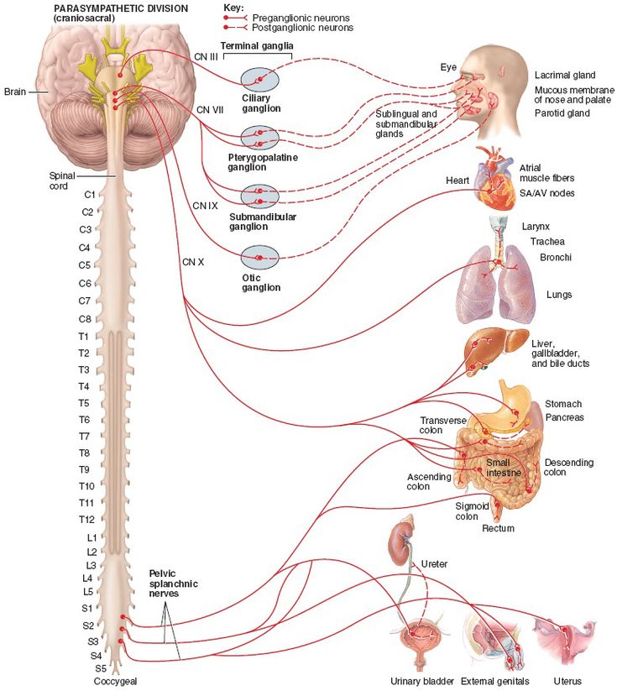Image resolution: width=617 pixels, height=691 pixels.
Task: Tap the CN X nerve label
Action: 193,261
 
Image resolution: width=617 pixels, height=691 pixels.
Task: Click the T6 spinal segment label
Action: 84,420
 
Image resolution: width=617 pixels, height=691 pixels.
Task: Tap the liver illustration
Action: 486,347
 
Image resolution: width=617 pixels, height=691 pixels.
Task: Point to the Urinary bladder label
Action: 422,681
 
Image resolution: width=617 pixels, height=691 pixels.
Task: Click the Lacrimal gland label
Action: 564,75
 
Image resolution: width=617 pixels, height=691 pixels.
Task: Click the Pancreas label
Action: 564,417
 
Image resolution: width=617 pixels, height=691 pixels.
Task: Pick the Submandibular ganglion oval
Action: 259,196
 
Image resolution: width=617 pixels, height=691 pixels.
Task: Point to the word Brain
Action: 15,92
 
